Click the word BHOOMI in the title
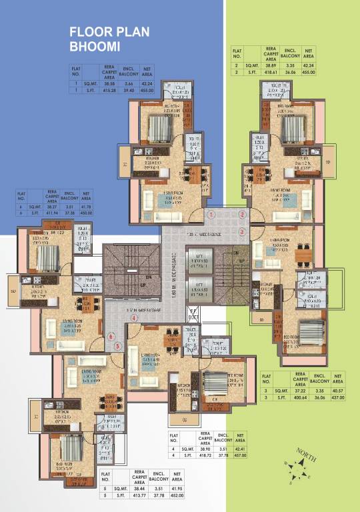(x=93, y=47)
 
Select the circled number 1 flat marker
(x=211, y=215)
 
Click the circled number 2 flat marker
(x=241, y=215)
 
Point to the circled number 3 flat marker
(x=241, y=231)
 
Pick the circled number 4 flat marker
(x=134, y=319)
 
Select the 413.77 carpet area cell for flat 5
(x=141, y=496)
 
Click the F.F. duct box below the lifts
(x=193, y=311)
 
